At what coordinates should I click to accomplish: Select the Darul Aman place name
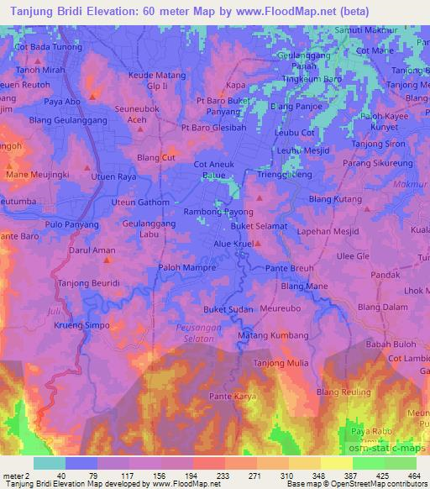pyautogui.click(x=92, y=250)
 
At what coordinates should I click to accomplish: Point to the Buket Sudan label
pyautogui.click(x=228, y=309)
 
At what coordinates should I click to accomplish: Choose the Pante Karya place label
pyautogui.click(x=231, y=395)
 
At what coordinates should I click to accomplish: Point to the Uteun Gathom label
pyautogui.click(x=140, y=202)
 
